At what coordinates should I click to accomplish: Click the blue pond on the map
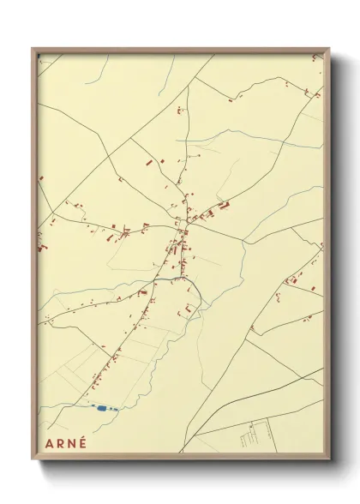[x=105, y=409]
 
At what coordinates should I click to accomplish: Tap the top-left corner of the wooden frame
[x=33, y=49]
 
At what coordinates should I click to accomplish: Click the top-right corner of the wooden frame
[x=329, y=50]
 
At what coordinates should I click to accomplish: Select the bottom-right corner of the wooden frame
[x=329, y=460]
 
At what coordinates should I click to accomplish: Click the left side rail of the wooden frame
[x=34, y=257]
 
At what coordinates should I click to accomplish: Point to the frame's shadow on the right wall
[x=335, y=257]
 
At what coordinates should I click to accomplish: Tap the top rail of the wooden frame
[x=180, y=50]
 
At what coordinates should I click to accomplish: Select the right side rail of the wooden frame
[x=327, y=257]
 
